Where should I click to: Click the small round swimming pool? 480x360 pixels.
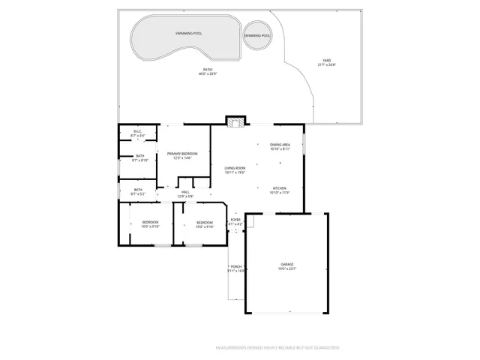tap(257, 36)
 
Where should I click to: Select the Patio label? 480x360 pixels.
tap(208, 69)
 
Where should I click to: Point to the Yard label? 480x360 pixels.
tap(326, 61)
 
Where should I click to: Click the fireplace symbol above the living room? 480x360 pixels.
tap(236, 121)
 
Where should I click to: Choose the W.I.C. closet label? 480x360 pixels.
tap(138, 132)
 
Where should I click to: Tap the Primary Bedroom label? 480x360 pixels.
tap(183, 153)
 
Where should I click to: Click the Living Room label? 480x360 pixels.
tap(235, 168)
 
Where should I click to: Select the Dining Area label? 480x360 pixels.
tap(280, 145)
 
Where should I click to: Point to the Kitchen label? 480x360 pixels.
tap(280, 187)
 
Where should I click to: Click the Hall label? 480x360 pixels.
tap(185, 192)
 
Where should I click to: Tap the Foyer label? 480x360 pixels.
tap(235, 220)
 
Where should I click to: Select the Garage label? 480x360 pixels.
tap(287, 264)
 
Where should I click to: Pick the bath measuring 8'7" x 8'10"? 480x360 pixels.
tap(139, 156)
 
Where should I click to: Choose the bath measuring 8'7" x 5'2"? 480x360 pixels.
tap(138, 190)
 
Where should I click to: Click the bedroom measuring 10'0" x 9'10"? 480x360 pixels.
tap(151, 222)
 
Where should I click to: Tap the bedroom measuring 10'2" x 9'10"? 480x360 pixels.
tap(205, 222)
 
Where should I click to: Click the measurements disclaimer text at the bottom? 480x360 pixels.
tap(277, 348)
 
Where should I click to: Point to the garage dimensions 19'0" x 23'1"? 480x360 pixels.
tap(288, 268)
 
